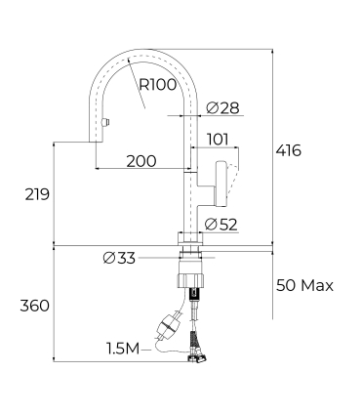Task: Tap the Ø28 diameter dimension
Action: (x=219, y=106)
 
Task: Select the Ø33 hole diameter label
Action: (x=118, y=259)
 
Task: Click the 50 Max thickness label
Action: (x=303, y=286)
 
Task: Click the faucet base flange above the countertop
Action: (x=189, y=239)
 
